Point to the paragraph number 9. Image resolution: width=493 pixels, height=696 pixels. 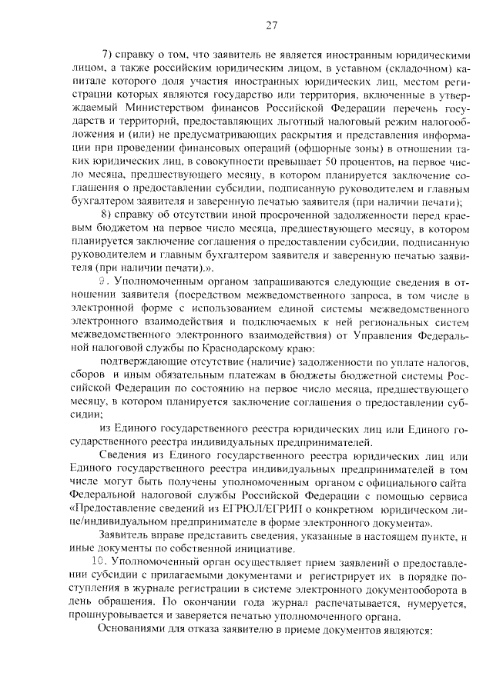111,281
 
